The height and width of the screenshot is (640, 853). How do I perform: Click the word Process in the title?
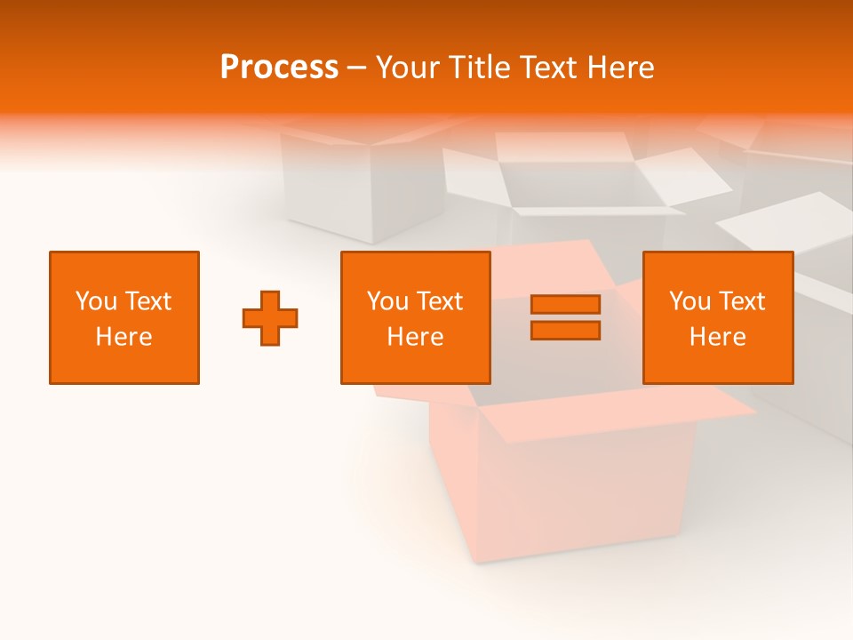click(x=279, y=68)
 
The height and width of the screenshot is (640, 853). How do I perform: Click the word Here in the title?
click(x=623, y=68)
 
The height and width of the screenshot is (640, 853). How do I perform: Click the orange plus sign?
click(x=270, y=318)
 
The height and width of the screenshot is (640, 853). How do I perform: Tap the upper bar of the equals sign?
click(x=565, y=304)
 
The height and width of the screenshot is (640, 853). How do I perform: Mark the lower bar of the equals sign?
click(x=565, y=330)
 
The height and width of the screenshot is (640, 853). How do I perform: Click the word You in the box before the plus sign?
click(x=94, y=301)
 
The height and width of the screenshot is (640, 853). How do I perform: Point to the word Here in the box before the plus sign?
click(x=124, y=337)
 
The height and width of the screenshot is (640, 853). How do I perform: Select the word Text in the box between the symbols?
click(x=438, y=301)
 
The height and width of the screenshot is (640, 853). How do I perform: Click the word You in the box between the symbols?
click(x=386, y=301)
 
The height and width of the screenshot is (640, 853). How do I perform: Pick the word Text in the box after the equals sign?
click(x=740, y=301)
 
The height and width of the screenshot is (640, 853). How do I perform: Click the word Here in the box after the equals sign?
click(x=718, y=337)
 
